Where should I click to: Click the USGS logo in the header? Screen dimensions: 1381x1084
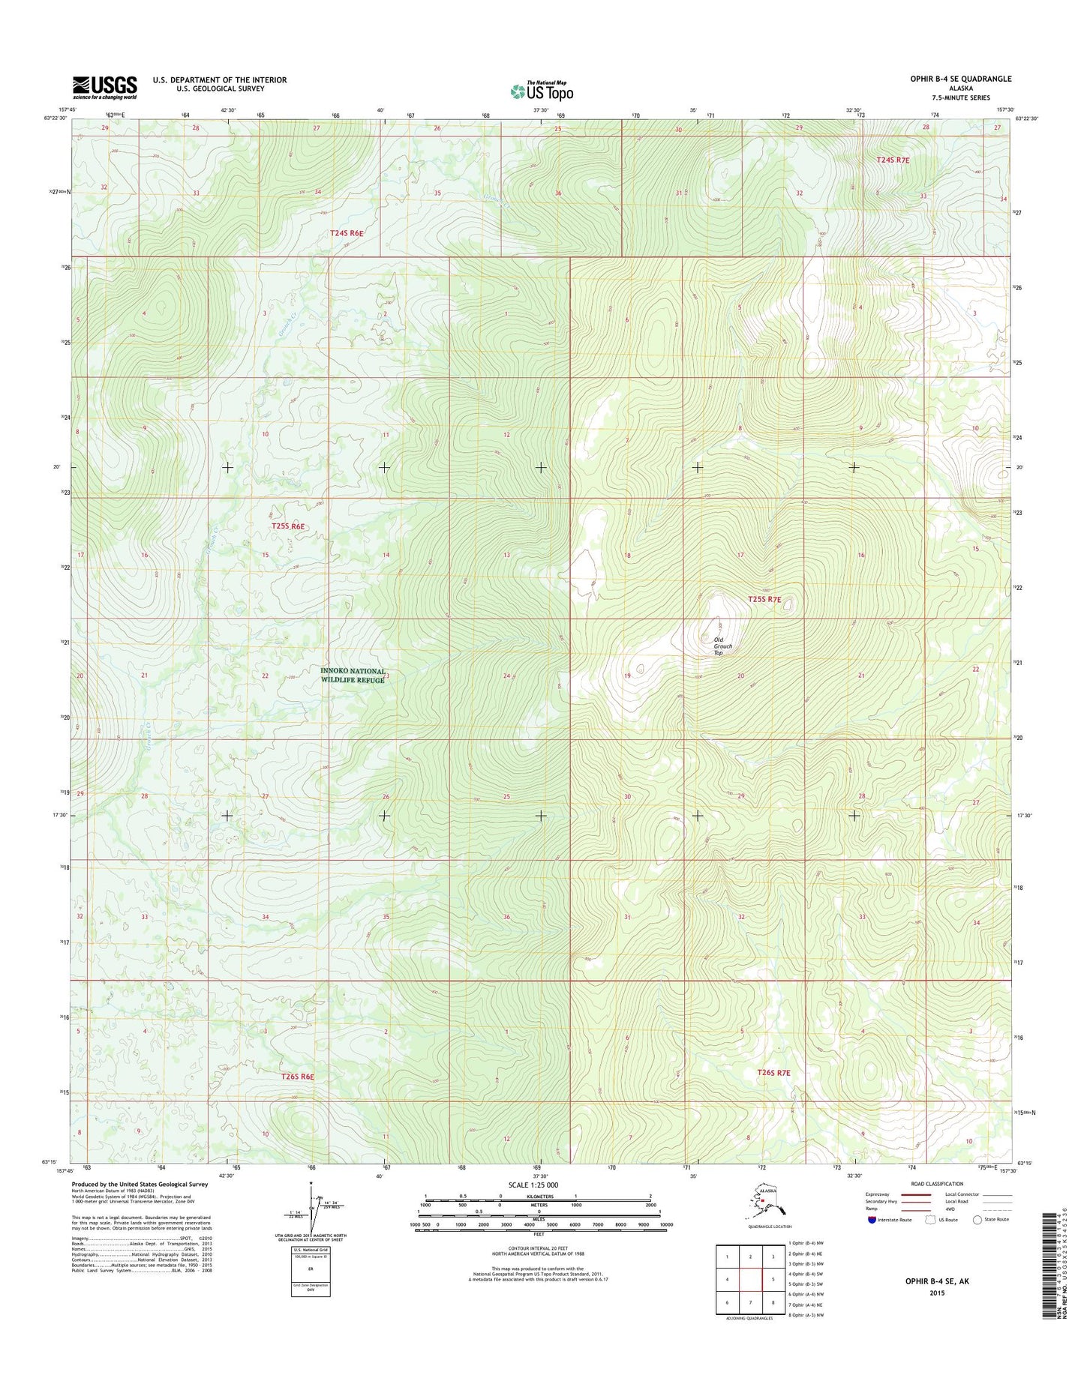pyautogui.click(x=104, y=87)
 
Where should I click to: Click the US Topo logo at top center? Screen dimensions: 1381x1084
pyautogui.click(x=542, y=91)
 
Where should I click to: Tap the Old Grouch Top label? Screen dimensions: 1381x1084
pyautogui.click(x=722, y=646)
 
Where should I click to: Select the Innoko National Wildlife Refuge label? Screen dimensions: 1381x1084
pyautogui.click(x=353, y=676)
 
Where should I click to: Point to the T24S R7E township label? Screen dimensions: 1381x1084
pyautogui.click(x=893, y=160)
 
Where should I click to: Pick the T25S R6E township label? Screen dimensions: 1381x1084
pyautogui.click(x=288, y=526)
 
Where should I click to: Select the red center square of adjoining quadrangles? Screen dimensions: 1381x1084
pyautogui.click(x=752, y=1279)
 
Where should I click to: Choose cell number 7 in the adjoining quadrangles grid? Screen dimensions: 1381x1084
pyautogui.click(x=752, y=1302)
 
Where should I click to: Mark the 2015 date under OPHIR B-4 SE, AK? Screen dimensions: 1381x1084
pyautogui.click(x=937, y=1293)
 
